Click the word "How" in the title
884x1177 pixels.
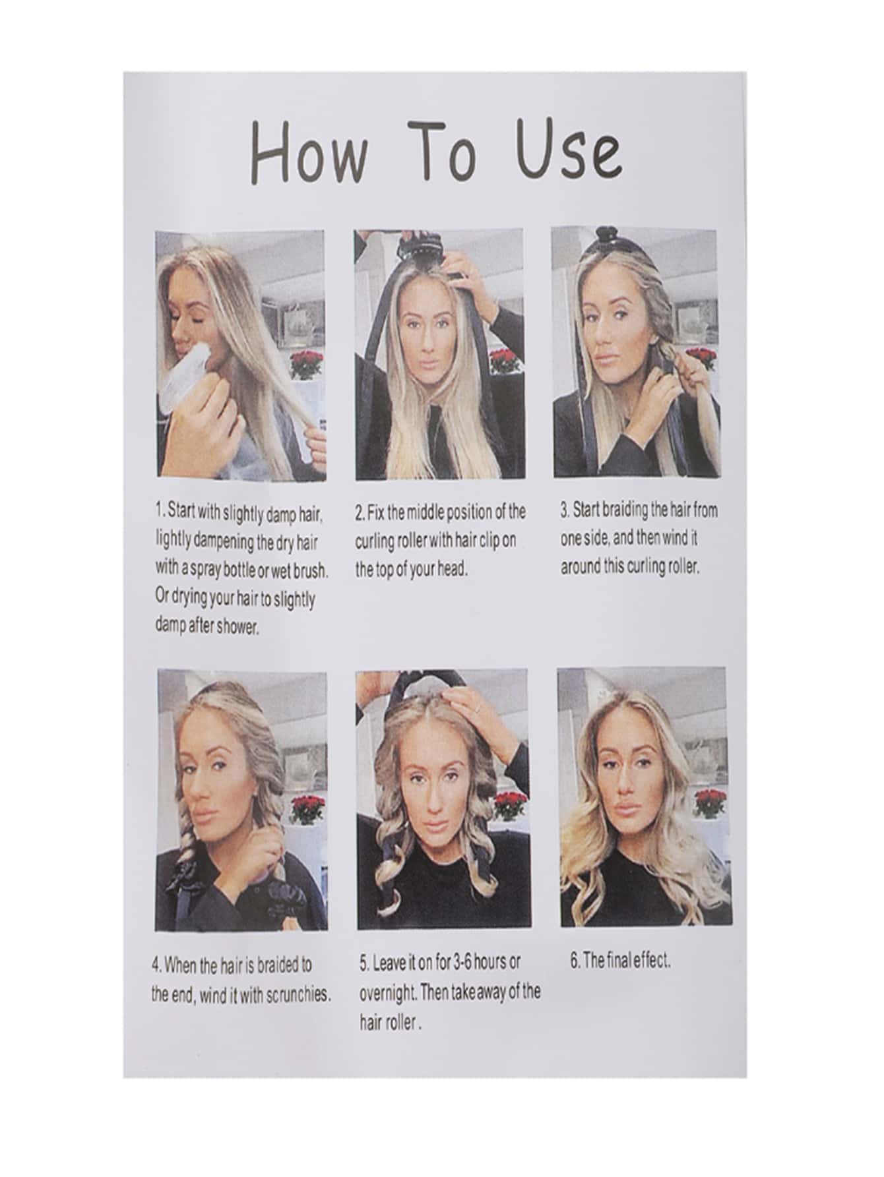[310, 153]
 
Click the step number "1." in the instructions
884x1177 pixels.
[160, 510]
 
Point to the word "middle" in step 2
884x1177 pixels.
[427, 512]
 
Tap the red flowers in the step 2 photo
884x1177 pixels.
[505, 360]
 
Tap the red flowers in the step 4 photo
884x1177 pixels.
[307, 807]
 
